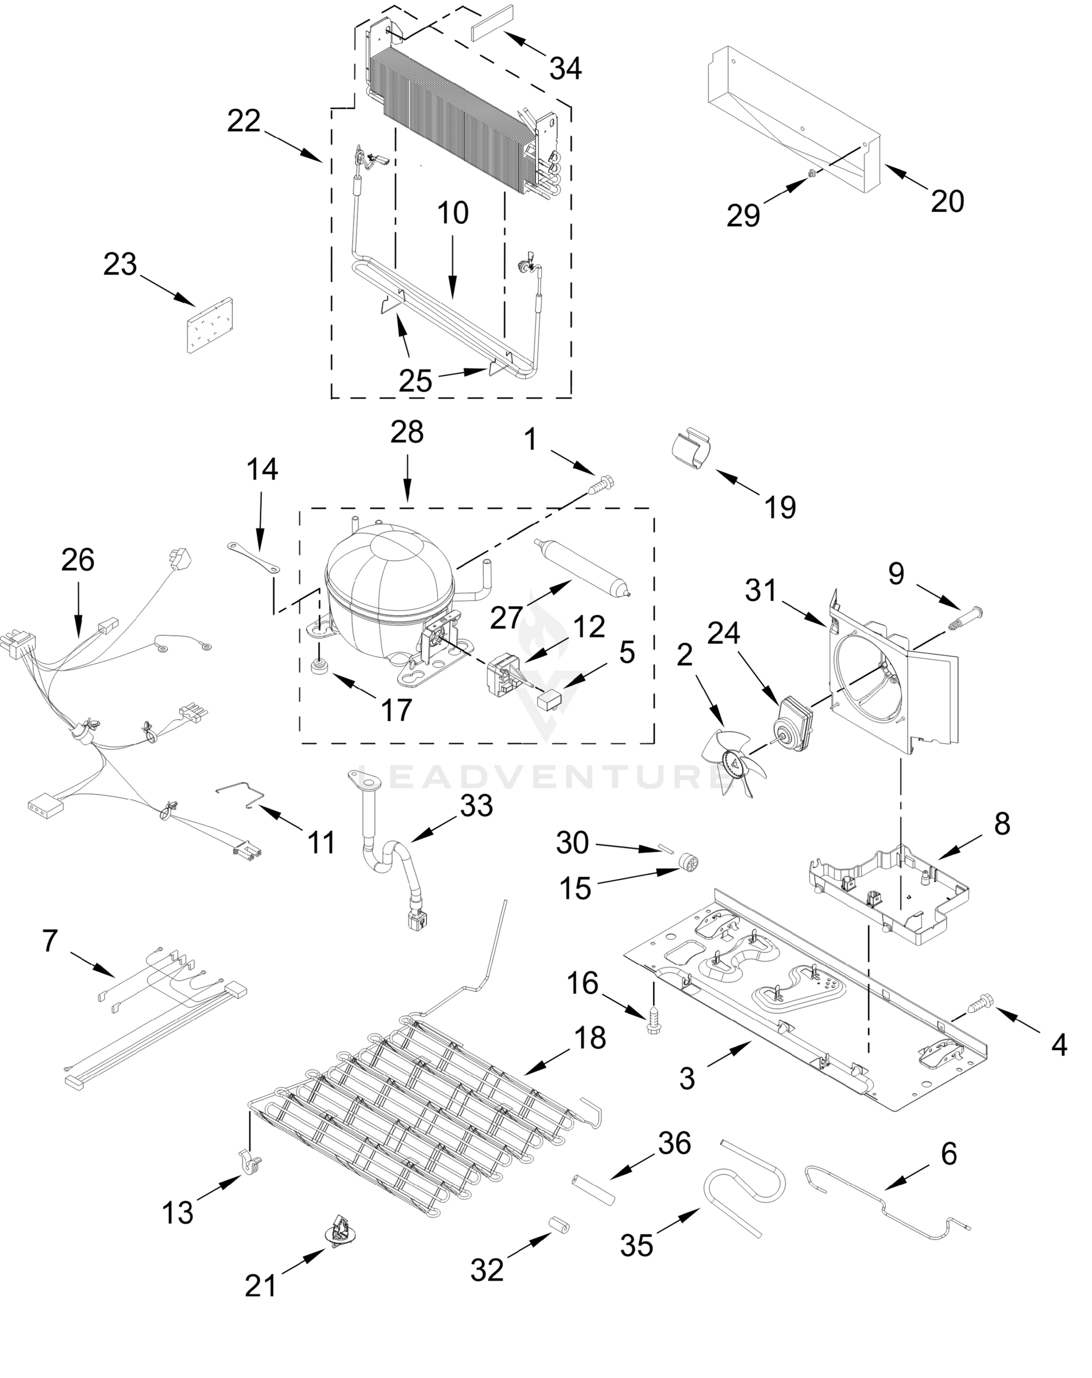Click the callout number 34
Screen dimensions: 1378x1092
click(x=565, y=68)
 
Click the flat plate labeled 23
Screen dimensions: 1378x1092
click(x=209, y=324)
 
